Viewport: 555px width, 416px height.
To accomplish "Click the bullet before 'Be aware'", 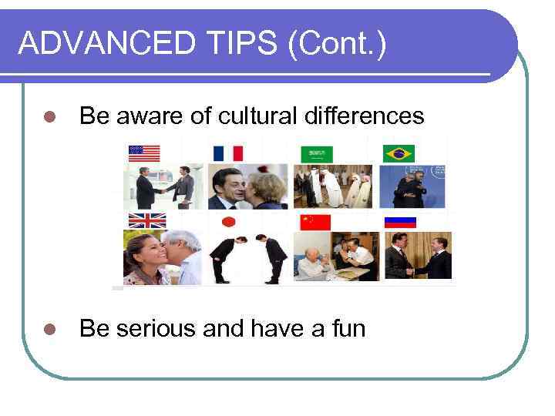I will pos(49,117).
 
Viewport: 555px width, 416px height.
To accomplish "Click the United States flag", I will pos(144,153).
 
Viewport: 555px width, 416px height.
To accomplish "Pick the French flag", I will pos(227,153).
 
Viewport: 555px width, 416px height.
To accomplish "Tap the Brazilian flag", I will pos(399,153).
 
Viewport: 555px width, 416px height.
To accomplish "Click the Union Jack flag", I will pos(147,220).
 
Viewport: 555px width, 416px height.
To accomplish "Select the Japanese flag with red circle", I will pos(228,222).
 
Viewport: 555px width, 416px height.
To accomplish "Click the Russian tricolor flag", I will pos(400,221).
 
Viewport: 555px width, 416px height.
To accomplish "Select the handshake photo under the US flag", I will pos(163,186).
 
